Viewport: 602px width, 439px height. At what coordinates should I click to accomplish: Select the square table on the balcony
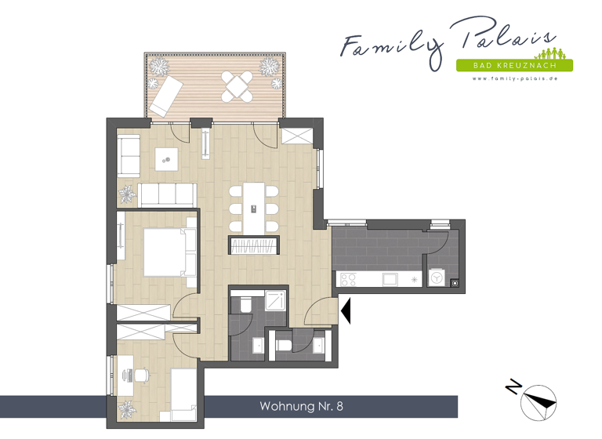(238, 85)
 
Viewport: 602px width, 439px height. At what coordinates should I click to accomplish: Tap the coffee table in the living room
(166, 159)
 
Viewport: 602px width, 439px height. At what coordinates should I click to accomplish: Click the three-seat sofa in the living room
(168, 194)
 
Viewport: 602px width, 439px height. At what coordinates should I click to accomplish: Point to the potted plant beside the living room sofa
(127, 191)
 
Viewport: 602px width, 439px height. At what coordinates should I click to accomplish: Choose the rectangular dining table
(254, 208)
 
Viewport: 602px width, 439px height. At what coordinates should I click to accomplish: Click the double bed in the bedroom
(167, 251)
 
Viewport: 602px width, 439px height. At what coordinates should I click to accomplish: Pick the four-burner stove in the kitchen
(348, 278)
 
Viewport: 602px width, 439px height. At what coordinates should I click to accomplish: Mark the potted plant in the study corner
(126, 409)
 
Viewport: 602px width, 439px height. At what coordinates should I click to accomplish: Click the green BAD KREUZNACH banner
(514, 65)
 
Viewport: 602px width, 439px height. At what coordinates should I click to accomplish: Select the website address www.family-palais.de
(514, 78)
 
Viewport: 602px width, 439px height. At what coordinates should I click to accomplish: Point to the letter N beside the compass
(514, 387)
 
